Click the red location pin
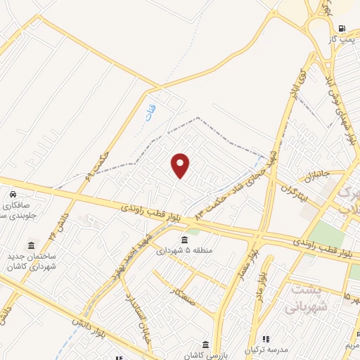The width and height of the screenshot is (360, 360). tap(181, 165)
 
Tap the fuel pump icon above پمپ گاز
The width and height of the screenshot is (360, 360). tap(342, 29)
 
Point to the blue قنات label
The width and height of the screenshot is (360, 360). tap(148, 113)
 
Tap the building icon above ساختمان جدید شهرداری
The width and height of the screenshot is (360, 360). tap(31, 246)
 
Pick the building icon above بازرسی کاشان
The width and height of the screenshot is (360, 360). tap(205, 344)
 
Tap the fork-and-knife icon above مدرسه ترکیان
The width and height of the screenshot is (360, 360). tap(266, 339)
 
